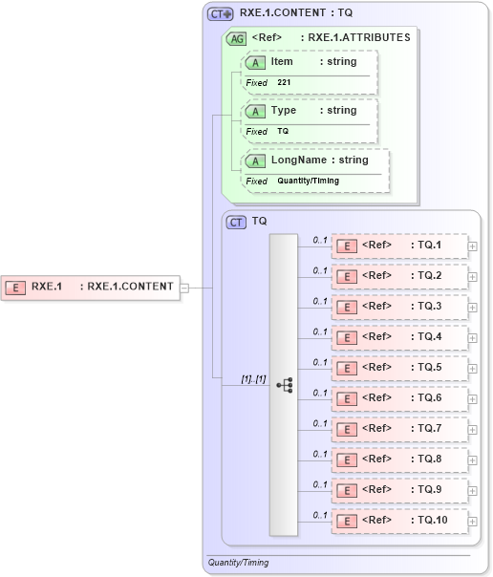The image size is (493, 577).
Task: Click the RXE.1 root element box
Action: pyautogui.click(x=91, y=286)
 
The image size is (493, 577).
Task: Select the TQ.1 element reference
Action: pyautogui.click(x=399, y=246)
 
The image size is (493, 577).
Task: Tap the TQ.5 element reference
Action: pyautogui.click(x=399, y=368)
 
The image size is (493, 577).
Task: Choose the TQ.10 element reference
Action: pyautogui.click(x=399, y=521)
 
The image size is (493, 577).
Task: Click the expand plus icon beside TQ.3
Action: pyautogui.click(x=473, y=308)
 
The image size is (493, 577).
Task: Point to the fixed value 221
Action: pyautogui.click(x=284, y=83)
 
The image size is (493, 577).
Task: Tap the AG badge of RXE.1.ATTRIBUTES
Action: pyautogui.click(x=235, y=39)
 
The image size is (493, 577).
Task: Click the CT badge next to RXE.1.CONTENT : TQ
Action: pyautogui.click(x=221, y=14)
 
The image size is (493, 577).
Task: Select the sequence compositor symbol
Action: pyautogui.click(x=284, y=384)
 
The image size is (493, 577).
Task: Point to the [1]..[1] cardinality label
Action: pyautogui.click(x=253, y=379)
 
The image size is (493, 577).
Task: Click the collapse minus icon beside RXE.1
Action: pyautogui.click(x=185, y=286)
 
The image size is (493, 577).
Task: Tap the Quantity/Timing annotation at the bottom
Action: pyautogui.click(x=238, y=563)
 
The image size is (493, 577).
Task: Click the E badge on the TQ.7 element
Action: pyautogui.click(x=348, y=429)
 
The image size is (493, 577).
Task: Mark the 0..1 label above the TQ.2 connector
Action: pyautogui.click(x=320, y=270)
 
